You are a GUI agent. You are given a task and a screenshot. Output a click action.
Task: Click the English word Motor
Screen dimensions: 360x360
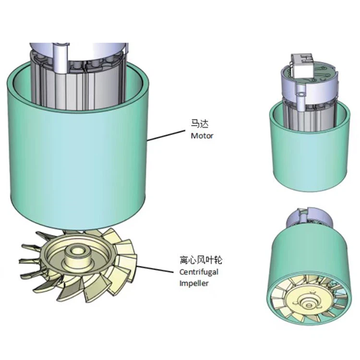pos(202,136)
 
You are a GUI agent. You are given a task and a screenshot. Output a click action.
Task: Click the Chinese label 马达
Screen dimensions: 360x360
pos(200,123)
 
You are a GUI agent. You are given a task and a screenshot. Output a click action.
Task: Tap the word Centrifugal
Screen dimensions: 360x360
pos(199,272)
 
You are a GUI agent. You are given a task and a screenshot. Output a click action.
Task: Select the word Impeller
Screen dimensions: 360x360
pos(194,283)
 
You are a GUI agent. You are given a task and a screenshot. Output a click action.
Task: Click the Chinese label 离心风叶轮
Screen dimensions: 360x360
pos(201,260)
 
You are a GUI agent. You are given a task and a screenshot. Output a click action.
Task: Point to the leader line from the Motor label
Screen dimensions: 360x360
pos(166,135)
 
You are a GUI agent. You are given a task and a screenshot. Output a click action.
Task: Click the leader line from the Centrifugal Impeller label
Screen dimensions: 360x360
pos(155,269)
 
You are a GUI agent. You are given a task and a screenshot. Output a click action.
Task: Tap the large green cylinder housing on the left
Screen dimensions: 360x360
pos(78,147)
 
